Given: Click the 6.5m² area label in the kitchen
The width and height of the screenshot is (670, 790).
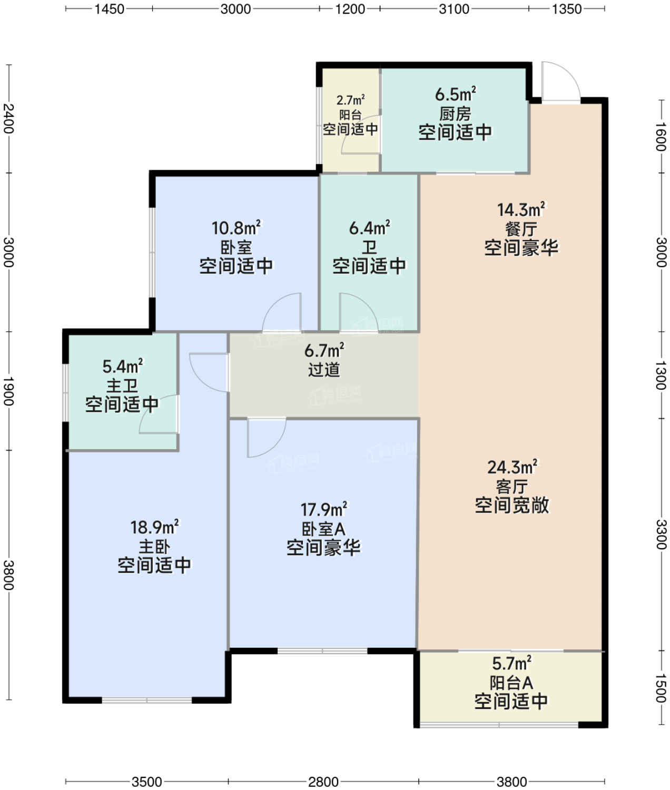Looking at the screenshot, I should pyautogui.click(x=455, y=95).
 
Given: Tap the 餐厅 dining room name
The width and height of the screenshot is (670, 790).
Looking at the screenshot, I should pyautogui.click(x=520, y=229).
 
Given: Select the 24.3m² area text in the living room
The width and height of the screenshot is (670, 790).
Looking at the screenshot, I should pyautogui.click(x=512, y=467).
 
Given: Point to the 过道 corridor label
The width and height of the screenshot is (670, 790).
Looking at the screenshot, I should pyautogui.click(x=324, y=370).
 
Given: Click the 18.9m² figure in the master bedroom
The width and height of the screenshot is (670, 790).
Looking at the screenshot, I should pyautogui.click(x=154, y=527).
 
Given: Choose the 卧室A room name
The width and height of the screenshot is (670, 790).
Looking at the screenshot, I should pyautogui.click(x=323, y=529).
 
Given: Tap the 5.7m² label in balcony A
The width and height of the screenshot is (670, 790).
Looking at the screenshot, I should pyautogui.click(x=511, y=663).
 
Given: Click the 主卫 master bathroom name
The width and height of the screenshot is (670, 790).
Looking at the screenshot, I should pyautogui.click(x=122, y=386).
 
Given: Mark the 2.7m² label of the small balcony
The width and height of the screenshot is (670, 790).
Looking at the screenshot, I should pyautogui.click(x=350, y=100).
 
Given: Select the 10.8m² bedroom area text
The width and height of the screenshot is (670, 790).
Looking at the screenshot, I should pyautogui.click(x=236, y=229).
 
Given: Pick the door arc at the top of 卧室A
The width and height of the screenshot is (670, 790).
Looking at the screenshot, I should pyautogui.click(x=267, y=437).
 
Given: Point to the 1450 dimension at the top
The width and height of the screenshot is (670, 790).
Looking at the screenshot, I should pyautogui.click(x=109, y=9).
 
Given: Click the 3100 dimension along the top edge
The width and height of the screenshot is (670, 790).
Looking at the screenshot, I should pyautogui.click(x=454, y=9).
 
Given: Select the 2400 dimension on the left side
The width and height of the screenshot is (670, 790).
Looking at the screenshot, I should pyautogui.click(x=8, y=118).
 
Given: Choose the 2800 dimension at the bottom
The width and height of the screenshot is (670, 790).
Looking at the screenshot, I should pyautogui.click(x=323, y=782).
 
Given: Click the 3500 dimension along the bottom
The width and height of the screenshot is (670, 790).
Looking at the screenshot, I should pyautogui.click(x=146, y=782).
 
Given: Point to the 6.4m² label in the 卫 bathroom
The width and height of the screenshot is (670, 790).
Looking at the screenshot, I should pyautogui.click(x=369, y=229).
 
